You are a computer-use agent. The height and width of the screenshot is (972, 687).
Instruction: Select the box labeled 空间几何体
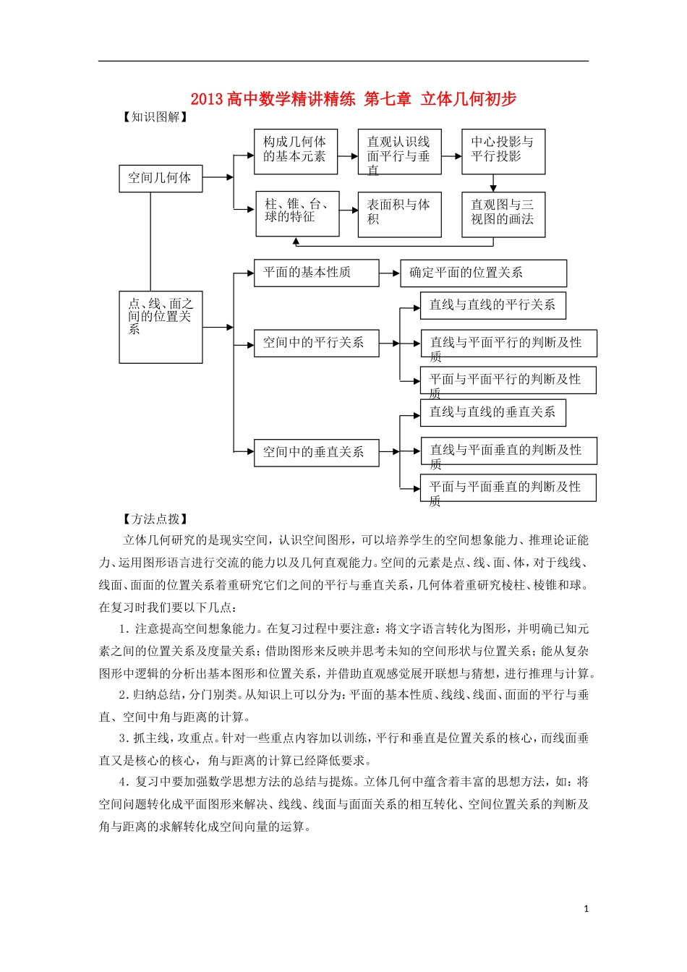(160, 178)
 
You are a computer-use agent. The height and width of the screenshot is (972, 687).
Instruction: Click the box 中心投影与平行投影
(503, 151)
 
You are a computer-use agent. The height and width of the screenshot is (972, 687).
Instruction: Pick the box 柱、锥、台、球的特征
(297, 213)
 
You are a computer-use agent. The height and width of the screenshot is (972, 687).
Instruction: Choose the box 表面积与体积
(399, 214)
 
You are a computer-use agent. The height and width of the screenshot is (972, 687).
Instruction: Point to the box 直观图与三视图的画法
(503, 214)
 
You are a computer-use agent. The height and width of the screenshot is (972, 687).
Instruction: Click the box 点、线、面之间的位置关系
(160, 327)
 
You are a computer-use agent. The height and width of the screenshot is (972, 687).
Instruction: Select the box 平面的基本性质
(316, 273)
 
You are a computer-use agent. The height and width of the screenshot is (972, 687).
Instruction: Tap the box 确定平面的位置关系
(483, 273)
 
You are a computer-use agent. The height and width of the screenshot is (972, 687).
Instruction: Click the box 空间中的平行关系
(316, 343)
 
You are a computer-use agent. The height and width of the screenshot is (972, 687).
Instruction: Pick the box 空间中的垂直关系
(316, 452)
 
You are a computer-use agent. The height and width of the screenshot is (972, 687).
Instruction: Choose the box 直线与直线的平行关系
(492, 305)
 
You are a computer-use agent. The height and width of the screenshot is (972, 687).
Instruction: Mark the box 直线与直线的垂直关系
(492, 412)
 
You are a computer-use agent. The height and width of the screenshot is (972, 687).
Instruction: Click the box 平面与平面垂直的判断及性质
(508, 488)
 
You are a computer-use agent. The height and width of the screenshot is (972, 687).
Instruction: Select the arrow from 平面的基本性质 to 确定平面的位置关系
(390, 273)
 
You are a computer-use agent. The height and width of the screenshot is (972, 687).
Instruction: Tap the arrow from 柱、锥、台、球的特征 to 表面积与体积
(349, 210)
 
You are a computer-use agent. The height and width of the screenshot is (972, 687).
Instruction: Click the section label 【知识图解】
(154, 117)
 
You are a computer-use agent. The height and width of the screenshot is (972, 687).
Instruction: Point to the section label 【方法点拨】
(154, 519)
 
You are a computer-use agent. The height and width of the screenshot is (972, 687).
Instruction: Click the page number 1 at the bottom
(586, 908)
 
